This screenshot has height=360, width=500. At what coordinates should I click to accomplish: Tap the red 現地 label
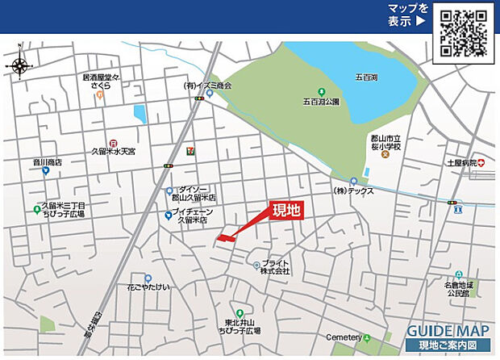pyautogui.click(x=286, y=211)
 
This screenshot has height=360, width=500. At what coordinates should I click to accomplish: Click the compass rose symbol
pyautogui.click(x=19, y=65)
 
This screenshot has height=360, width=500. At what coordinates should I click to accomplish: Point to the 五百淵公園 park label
pyautogui.click(x=322, y=103)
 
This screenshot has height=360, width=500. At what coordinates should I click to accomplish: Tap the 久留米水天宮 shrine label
pyautogui.click(x=115, y=151)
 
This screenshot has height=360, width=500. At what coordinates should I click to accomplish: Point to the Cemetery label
pyautogui.click(x=342, y=336)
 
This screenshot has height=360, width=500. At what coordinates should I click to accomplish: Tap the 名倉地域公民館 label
pyautogui.click(x=458, y=290)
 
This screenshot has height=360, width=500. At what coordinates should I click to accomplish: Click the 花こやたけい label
pyautogui.click(x=148, y=287)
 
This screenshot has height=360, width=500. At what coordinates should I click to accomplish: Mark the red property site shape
pyautogui.click(x=226, y=237)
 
